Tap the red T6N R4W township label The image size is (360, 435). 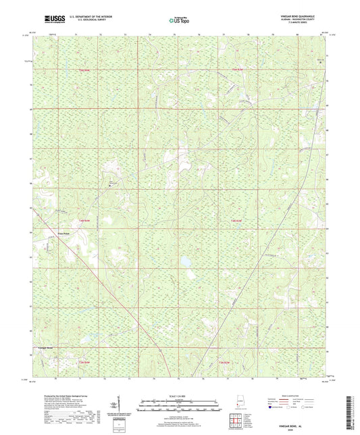[84, 70]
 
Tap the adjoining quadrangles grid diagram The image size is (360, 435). [235, 422]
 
